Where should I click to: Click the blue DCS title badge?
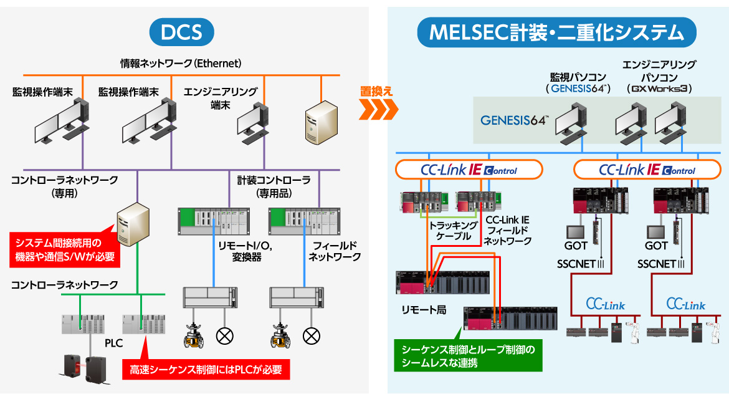(181, 32)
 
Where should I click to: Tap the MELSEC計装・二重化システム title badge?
(556, 32)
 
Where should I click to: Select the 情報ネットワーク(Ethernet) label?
(181, 64)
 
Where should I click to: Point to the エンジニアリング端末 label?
(220, 99)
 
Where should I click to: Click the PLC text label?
(114, 343)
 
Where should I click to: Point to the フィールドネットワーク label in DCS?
(335, 251)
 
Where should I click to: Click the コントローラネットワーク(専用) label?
(64, 186)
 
